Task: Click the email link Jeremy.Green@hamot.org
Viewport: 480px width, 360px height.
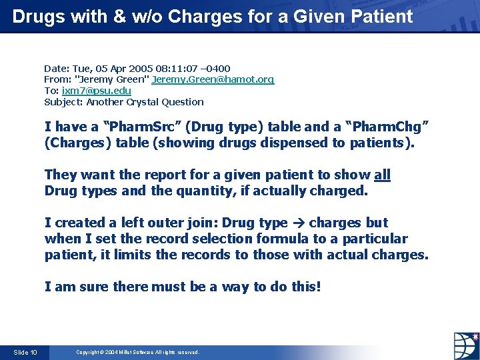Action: (213, 79)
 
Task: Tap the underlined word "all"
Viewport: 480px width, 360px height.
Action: (383, 175)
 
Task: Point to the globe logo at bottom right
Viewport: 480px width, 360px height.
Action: (465, 345)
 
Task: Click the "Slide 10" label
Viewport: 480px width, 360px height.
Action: (25, 352)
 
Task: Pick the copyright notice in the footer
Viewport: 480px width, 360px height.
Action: (137, 352)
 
